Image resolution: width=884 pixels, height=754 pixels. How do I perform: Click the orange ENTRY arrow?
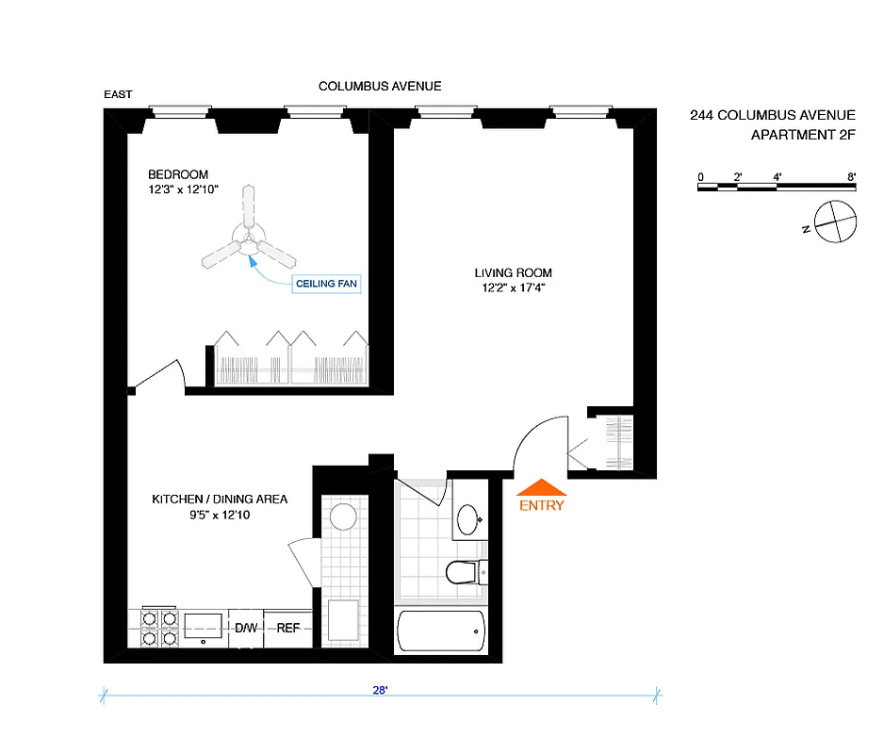[542, 487]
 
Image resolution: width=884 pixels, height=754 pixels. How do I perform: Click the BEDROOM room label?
[178, 174]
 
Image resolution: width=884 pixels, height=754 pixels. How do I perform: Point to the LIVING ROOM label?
[510, 273]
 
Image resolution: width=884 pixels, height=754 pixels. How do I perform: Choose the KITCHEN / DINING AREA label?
[220, 500]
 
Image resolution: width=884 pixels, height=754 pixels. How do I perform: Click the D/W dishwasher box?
[246, 628]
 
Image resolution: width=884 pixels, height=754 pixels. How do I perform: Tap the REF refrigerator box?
[286, 628]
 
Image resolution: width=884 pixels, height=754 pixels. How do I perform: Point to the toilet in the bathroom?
[465, 570]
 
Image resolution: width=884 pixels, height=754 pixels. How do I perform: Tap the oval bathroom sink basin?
[468, 518]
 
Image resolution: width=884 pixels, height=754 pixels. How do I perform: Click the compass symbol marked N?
[836, 222]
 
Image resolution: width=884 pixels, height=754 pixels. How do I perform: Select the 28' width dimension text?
[381, 690]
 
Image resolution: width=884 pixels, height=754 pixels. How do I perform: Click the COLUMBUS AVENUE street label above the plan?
[380, 87]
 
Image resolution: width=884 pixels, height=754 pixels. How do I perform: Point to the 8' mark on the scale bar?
[851, 176]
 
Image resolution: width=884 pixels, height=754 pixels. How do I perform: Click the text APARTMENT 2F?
[803, 135]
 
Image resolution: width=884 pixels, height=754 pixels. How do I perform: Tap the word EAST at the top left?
[119, 94]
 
